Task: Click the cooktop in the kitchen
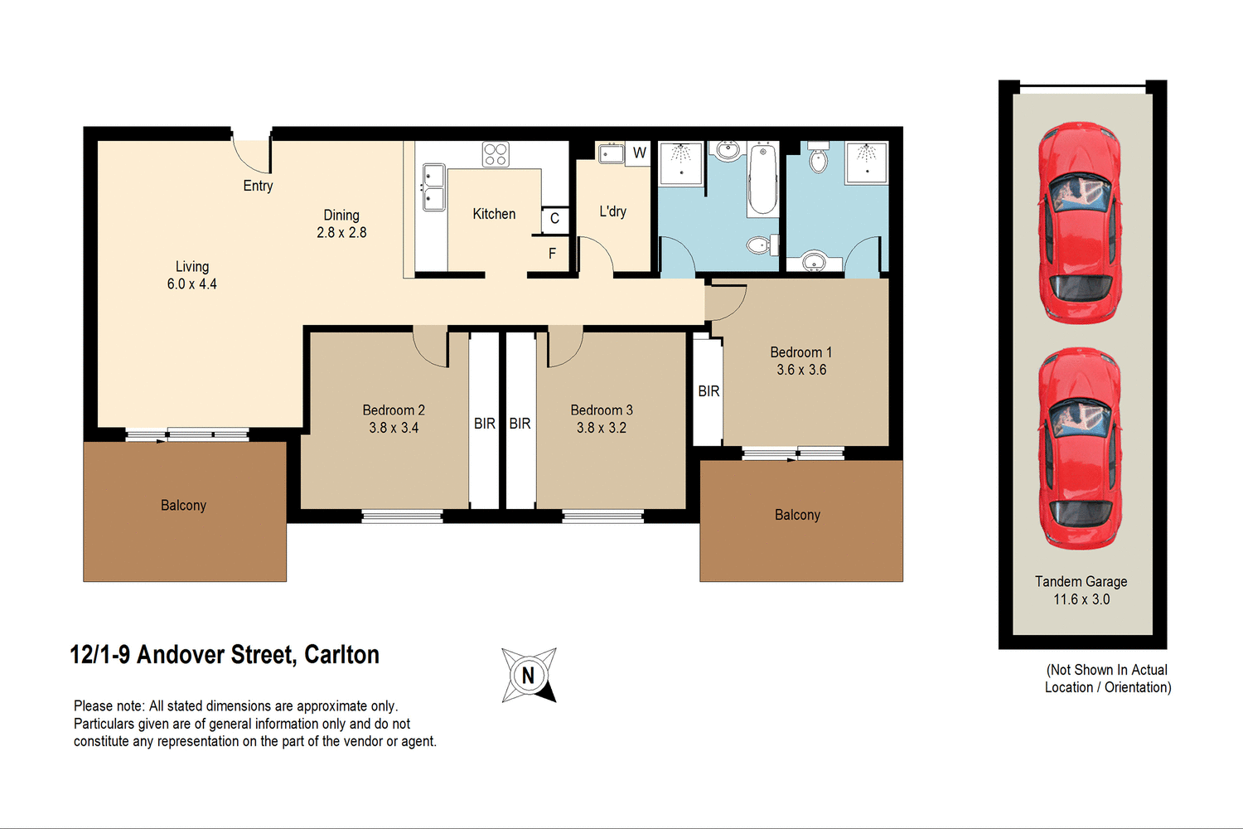pyautogui.click(x=496, y=154)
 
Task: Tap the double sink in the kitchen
pyautogui.click(x=433, y=187)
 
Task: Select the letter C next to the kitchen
pyautogui.click(x=554, y=219)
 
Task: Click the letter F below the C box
pyautogui.click(x=552, y=254)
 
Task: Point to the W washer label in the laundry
pyautogui.click(x=639, y=153)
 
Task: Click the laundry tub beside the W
pyautogui.click(x=612, y=153)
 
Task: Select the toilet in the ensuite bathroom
pyautogui.click(x=818, y=159)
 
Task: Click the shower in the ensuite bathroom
pyautogui.click(x=866, y=162)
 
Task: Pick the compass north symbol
pyautogui.click(x=529, y=675)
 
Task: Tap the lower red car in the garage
pyautogui.click(x=1080, y=448)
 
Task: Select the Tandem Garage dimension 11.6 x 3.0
pyautogui.click(x=1081, y=599)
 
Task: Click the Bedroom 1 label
pyautogui.click(x=800, y=352)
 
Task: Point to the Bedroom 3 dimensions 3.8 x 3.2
pyautogui.click(x=602, y=428)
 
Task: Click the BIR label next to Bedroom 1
pyautogui.click(x=709, y=391)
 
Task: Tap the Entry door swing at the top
pyautogui.click(x=252, y=153)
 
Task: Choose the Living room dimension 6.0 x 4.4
pyautogui.click(x=191, y=284)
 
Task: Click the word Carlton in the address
pyautogui.click(x=341, y=655)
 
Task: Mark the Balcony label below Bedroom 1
pyautogui.click(x=797, y=515)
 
